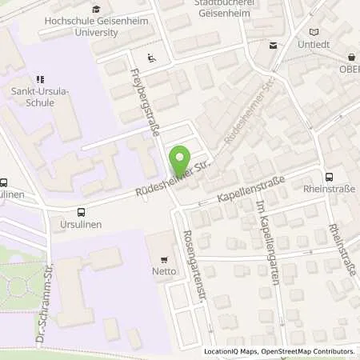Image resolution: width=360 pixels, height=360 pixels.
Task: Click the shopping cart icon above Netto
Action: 164,259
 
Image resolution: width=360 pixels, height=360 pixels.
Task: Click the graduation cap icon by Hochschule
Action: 97,10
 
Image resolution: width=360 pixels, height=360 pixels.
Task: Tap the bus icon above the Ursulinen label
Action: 81,212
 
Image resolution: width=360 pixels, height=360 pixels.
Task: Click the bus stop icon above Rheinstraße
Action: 329,177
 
